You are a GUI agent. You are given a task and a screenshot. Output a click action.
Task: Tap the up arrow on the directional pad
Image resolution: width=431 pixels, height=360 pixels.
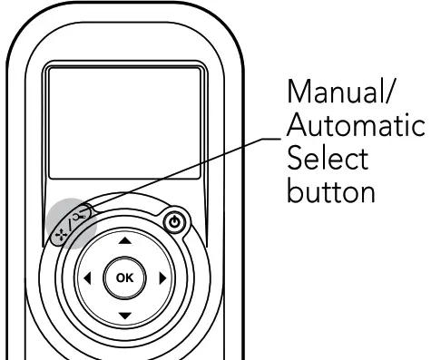[125, 241]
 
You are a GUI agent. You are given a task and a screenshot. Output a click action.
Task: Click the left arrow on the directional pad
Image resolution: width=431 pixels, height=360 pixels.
[88, 278]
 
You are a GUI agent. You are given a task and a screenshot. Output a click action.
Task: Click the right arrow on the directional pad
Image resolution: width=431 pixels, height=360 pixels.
[162, 278]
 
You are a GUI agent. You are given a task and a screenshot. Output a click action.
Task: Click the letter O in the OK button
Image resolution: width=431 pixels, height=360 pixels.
[120, 278]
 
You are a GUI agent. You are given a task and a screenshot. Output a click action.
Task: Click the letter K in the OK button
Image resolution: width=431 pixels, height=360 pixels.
[131, 278]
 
